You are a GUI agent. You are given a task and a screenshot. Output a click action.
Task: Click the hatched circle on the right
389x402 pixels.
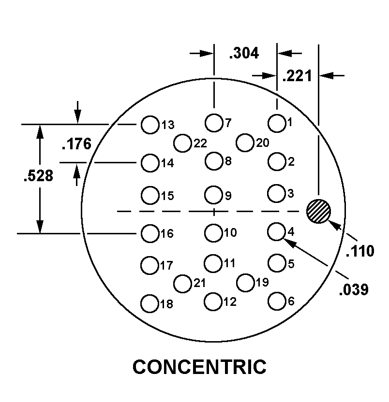(x=318, y=211)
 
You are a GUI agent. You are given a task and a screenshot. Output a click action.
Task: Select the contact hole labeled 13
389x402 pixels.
(x=150, y=125)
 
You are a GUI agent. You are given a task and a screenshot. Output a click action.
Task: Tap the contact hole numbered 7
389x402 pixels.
(x=214, y=123)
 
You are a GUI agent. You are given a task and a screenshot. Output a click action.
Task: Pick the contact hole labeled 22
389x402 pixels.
(x=182, y=143)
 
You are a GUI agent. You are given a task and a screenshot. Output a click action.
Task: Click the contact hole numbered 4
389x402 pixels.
(x=276, y=231)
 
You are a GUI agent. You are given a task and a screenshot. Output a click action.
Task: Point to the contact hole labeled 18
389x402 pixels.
(x=150, y=303)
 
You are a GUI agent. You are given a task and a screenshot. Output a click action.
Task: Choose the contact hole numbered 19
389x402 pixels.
(x=245, y=283)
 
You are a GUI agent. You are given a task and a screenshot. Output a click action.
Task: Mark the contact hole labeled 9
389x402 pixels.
(x=213, y=195)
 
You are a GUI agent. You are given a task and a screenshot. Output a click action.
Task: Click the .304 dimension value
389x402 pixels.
(x=244, y=53)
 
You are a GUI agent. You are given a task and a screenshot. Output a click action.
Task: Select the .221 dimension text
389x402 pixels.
(x=297, y=76)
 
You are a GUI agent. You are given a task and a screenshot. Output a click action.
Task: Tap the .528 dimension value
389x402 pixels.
(x=38, y=176)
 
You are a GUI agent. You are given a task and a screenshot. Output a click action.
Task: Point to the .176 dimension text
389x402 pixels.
(x=76, y=144)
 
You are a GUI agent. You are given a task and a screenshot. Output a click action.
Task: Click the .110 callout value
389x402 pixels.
(x=360, y=251)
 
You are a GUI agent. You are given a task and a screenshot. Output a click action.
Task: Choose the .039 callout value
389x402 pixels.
(x=354, y=289)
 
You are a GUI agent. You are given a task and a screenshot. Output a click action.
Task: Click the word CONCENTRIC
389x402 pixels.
(x=199, y=367)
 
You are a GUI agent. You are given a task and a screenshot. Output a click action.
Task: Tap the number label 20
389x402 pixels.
(x=263, y=143)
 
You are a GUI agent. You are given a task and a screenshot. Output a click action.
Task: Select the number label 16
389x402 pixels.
(x=167, y=233)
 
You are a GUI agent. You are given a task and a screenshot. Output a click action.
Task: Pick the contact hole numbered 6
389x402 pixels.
(x=277, y=301)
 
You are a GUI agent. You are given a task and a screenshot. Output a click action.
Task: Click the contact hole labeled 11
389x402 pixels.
(x=213, y=263)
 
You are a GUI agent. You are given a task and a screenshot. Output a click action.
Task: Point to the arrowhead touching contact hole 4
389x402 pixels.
(x=289, y=243)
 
